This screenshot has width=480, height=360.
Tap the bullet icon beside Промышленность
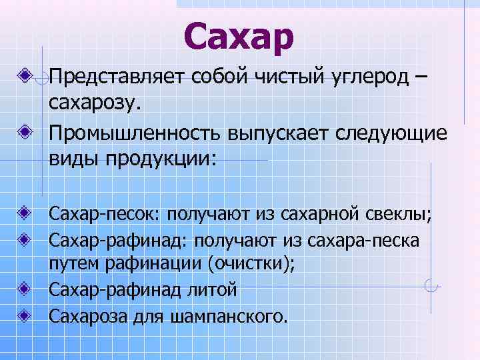click(x=25, y=127)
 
